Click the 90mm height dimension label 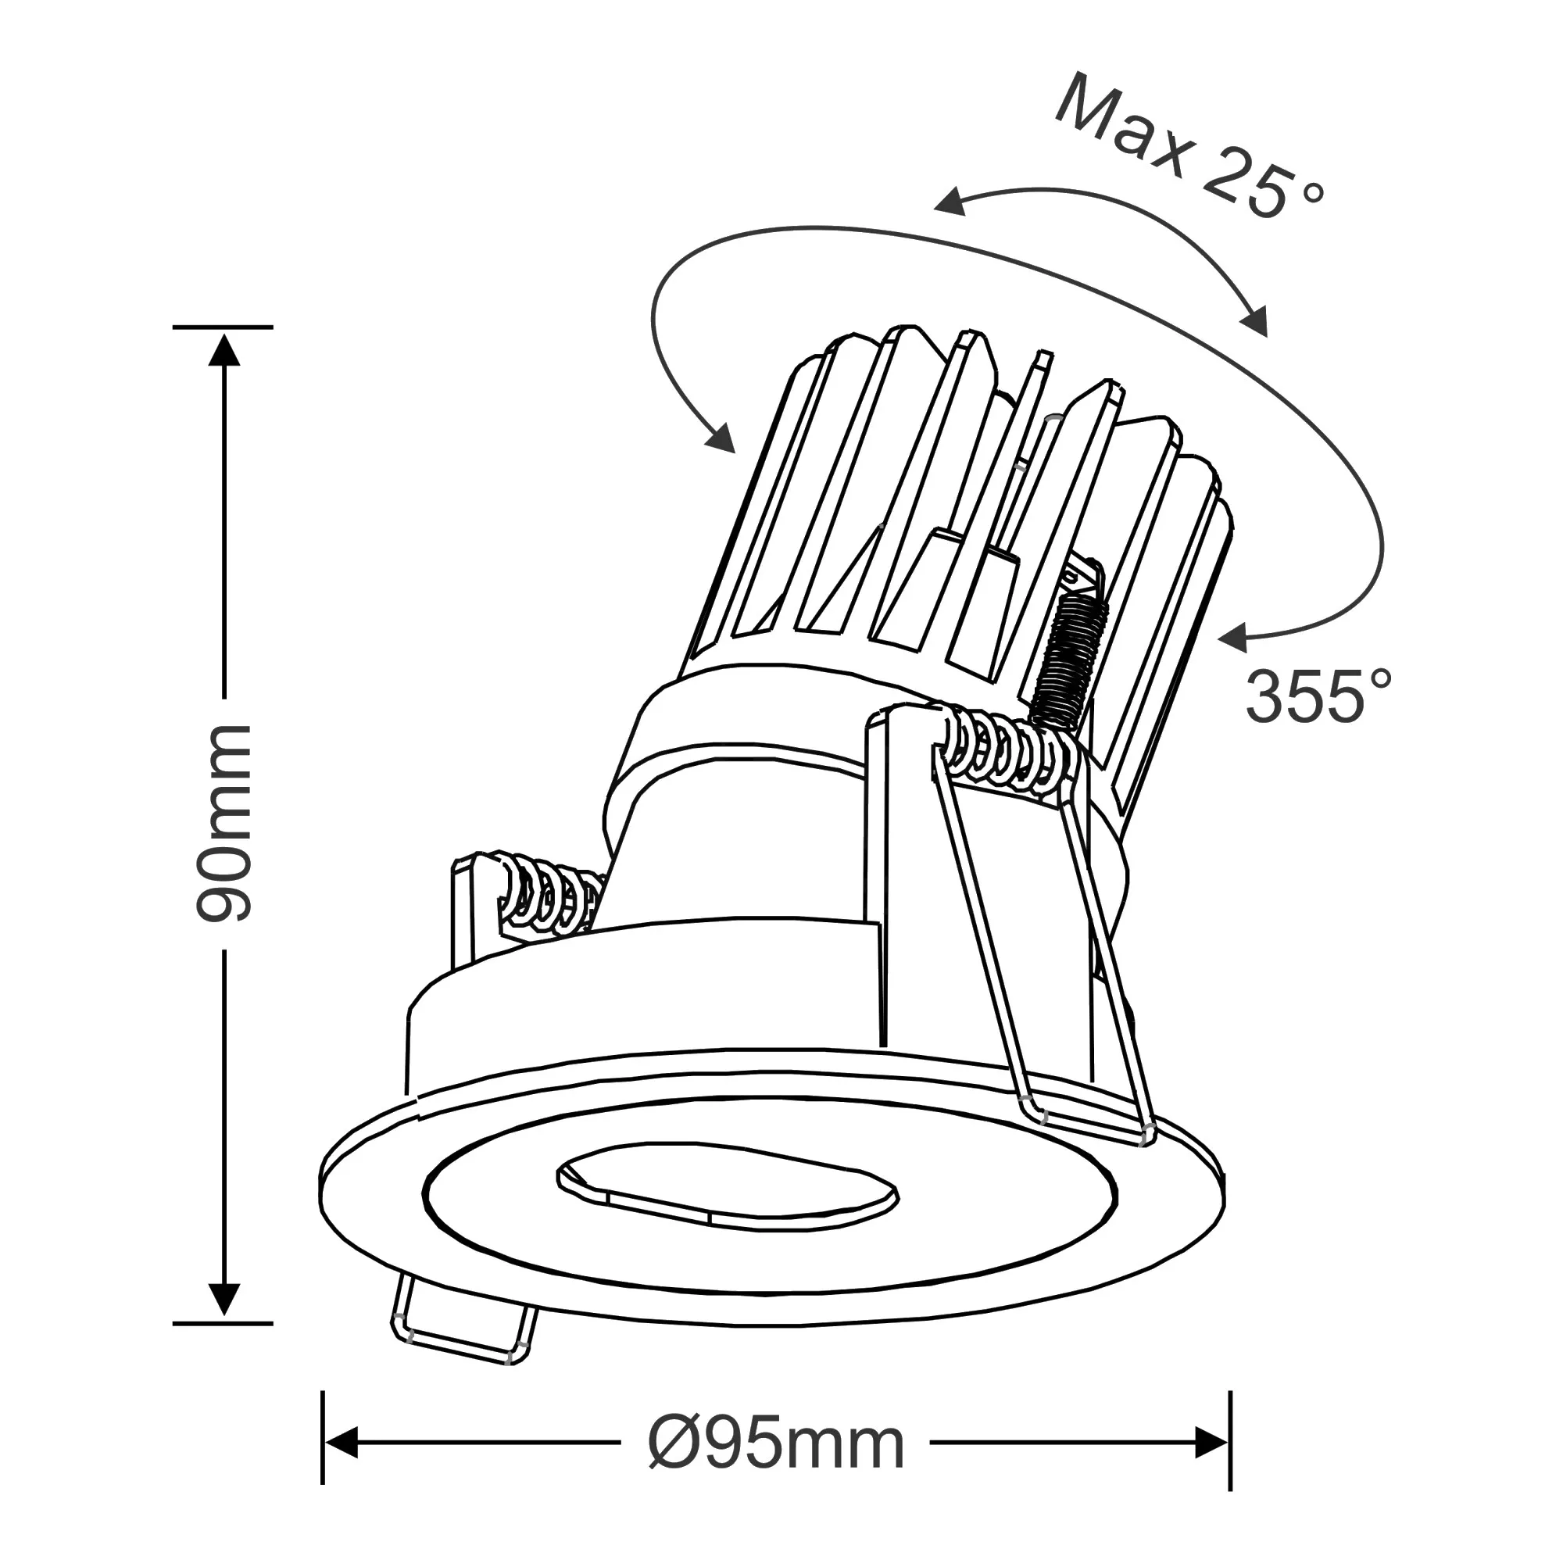(224, 823)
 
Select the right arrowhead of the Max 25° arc (1254, 324)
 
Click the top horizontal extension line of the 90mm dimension (224, 327)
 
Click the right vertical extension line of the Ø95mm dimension (1229, 1451)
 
